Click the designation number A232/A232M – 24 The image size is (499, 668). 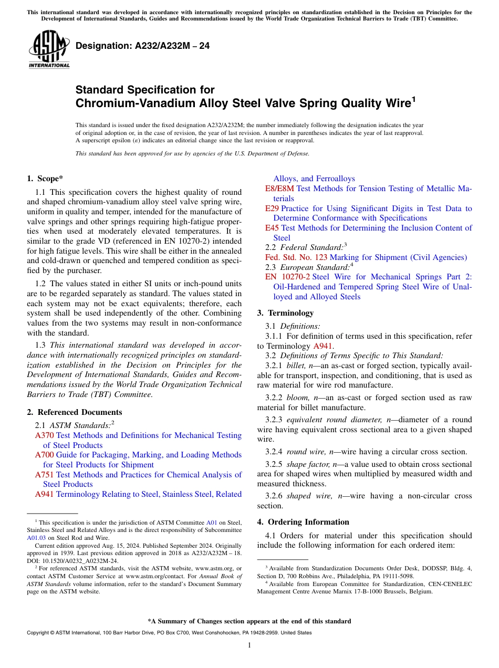click(x=143, y=46)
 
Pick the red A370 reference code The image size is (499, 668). click(x=45, y=435)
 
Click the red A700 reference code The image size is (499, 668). click(x=45, y=455)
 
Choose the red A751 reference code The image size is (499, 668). click(x=45, y=475)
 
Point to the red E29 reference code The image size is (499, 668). click(x=272, y=208)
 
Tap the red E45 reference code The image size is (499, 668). click(x=272, y=228)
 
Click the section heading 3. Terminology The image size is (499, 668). click(x=285, y=313)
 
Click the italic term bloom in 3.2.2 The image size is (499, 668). click(x=297, y=398)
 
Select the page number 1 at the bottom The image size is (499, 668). click(x=250, y=645)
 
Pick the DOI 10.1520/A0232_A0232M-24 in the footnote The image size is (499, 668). click(x=77, y=560)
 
